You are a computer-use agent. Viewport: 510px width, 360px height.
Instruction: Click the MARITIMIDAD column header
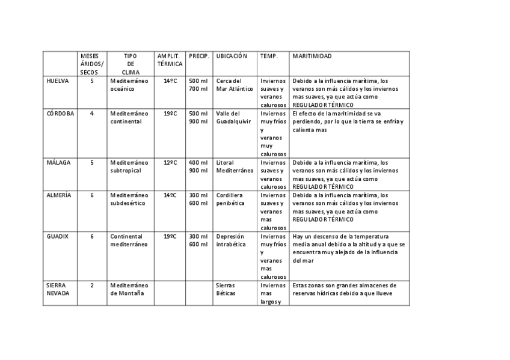tap(312, 56)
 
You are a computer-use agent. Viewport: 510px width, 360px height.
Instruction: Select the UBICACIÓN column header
tap(232, 56)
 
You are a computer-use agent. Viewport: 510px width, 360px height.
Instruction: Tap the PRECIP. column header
tap(198, 56)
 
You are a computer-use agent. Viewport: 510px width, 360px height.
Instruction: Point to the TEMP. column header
tap(269, 56)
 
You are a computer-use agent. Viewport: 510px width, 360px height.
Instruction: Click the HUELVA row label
tap(57, 81)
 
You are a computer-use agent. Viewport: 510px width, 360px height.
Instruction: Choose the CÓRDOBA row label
tap(60, 114)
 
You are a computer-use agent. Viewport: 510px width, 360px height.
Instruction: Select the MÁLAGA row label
tap(58, 162)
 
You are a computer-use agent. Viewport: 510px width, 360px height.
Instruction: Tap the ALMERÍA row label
tap(59, 195)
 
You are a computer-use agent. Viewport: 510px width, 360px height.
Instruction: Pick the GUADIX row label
tap(58, 236)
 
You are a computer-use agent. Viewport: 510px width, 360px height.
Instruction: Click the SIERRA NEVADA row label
tap(58, 289)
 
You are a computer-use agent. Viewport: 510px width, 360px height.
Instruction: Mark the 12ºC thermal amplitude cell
tap(170, 162)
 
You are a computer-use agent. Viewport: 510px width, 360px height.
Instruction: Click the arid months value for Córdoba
tap(92, 114)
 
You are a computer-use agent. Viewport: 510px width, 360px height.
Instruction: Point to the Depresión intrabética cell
tap(230, 240)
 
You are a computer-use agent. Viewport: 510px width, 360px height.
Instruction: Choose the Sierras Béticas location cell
tap(226, 289)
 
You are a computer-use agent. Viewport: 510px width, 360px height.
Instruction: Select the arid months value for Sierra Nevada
tap(92, 285)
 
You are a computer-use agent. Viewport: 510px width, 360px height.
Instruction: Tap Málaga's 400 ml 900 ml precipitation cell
tap(198, 166)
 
